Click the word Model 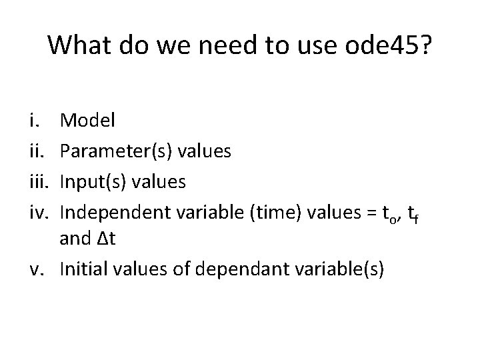[x=87, y=121]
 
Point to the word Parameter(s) [x=116, y=152]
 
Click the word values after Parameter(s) [x=202, y=152]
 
